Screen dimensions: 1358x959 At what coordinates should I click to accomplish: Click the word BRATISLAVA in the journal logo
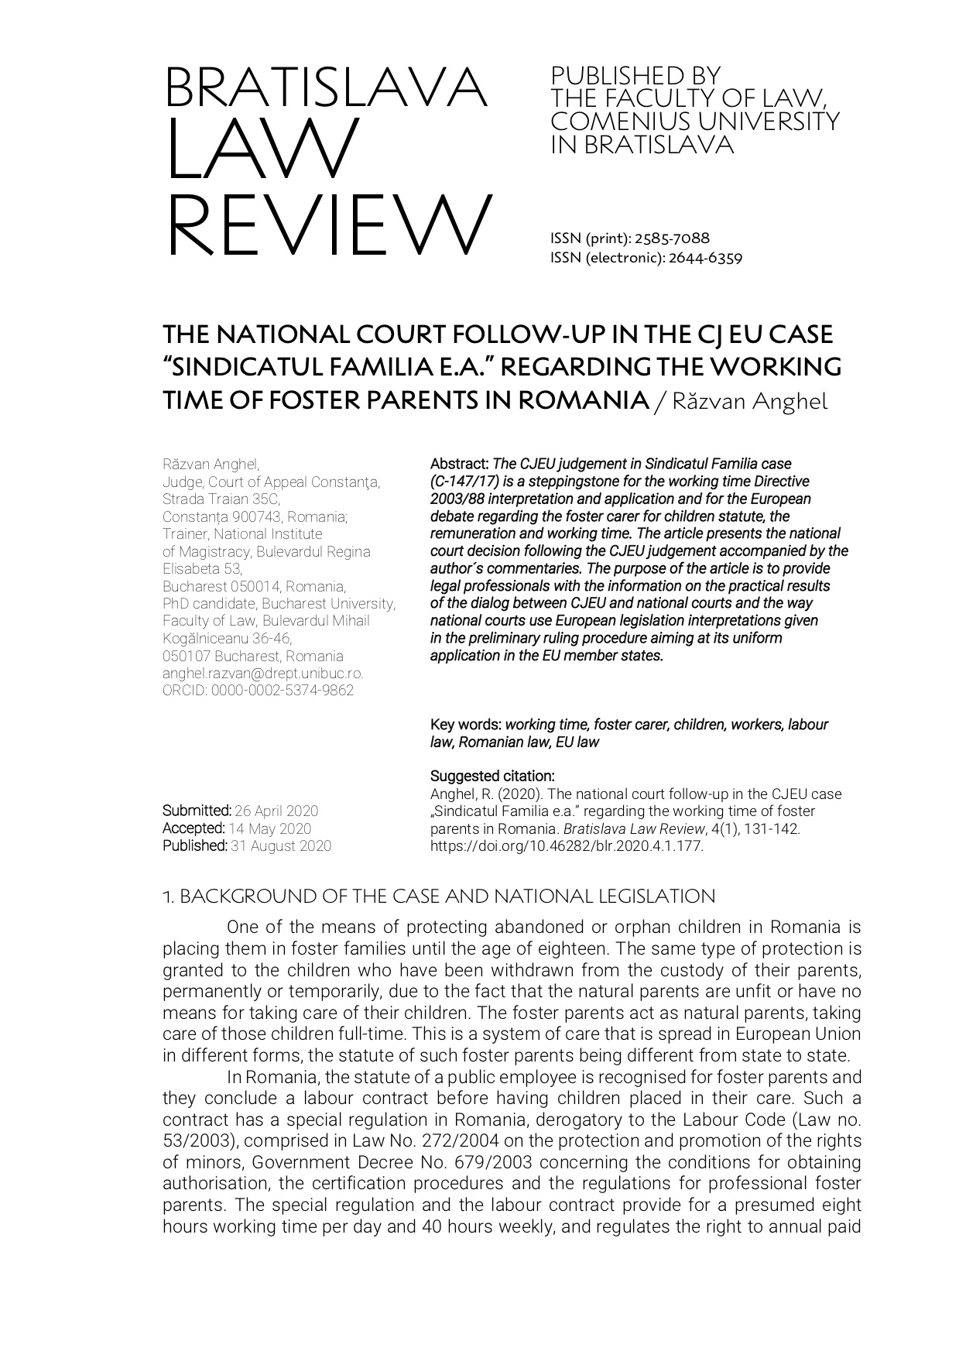point(325,89)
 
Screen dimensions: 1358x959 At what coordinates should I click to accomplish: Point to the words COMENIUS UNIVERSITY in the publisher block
point(694,122)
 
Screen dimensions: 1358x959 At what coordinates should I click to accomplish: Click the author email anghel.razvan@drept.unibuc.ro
point(262,674)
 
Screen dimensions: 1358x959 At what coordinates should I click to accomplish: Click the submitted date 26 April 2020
point(276,811)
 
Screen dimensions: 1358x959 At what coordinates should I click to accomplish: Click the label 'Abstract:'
point(460,465)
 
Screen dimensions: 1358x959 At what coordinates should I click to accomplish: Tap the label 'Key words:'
point(466,725)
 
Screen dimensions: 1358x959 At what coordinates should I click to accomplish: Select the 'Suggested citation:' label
point(492,776)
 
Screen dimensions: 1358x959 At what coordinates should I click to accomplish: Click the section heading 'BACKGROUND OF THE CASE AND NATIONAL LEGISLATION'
point(447,897)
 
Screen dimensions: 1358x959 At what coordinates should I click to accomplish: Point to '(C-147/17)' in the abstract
point(464,482)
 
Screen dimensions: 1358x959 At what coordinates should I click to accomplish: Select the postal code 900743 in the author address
point(250,517)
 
